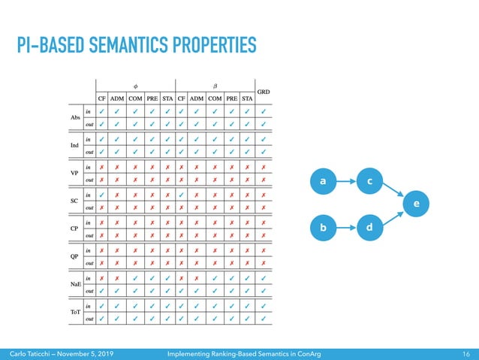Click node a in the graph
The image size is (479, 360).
(x=323, y=181)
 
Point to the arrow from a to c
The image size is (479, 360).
(x=347, y=181)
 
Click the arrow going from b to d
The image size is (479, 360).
(x=347, y=226)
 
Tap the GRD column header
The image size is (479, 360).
(x=264, y=92)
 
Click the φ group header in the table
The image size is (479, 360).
(x=135, y=84)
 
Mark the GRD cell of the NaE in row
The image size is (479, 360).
(x=264, y=277)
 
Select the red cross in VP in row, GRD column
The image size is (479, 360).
(x=264, y=166)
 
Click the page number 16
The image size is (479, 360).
(x=465, y=352)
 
